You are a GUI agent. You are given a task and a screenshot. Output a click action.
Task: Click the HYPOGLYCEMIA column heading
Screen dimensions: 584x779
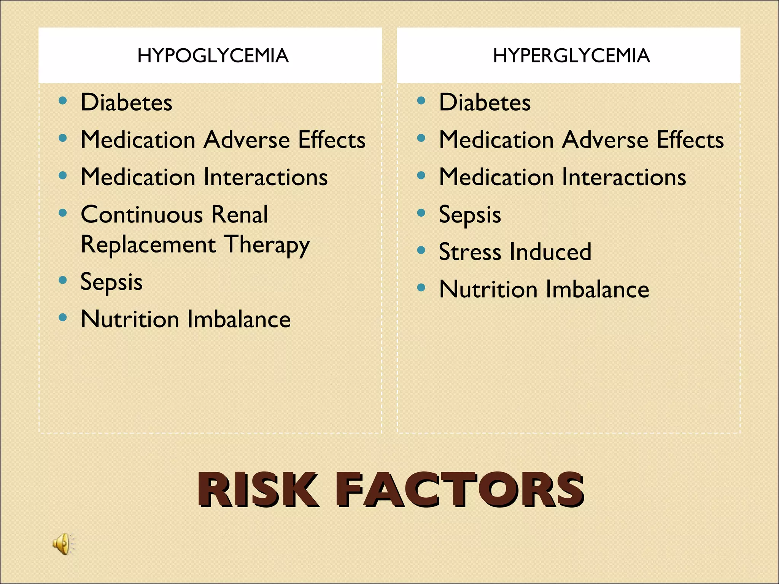[x=213, y=56]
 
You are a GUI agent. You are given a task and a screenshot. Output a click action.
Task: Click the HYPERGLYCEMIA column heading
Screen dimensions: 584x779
[x=571, y=56]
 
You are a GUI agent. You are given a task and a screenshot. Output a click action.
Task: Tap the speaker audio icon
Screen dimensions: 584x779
[x=63, y=543]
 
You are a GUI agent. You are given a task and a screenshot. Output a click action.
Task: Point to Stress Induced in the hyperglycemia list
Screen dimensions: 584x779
[x=515, y=252]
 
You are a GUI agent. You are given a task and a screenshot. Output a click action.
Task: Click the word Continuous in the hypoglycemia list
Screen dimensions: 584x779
[x=141, y=214]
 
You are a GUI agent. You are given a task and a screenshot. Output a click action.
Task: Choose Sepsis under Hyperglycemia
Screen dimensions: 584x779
[x=470, y=215]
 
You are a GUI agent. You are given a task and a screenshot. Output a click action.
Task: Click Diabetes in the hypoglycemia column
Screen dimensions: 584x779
[x=126, y=102]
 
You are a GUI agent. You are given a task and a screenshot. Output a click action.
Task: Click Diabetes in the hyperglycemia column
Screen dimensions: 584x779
[x=485, y=102]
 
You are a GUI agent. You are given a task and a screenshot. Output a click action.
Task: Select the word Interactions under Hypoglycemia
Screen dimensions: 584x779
[x=265, y=177]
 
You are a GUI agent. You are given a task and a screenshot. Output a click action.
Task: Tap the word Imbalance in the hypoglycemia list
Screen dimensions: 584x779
[x=239, y=319]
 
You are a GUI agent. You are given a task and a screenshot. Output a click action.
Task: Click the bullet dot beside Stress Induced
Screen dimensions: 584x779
[x=421, y=250]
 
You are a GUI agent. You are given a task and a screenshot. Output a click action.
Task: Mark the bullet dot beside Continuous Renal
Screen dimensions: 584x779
[x=63, y=213]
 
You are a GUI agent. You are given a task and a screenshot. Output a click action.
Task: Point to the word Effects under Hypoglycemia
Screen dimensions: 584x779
[x=332, y=140]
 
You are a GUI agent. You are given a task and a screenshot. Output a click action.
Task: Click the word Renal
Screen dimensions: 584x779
[x=240, y=214]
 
